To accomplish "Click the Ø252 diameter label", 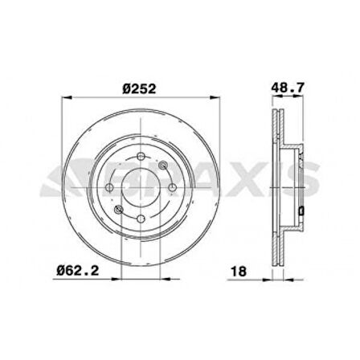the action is pyautogui.click(x=139, y=89).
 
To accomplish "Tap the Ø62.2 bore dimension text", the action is pyautogui.click(x=78, y=271).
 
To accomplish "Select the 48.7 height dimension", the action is pyautogui.click(x=288, y=88).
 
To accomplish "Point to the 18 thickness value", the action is pyautogui.click(x=239, y=272).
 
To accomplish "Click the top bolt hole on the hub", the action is pyautogui.click(x=141, y=156).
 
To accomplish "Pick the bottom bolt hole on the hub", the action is pyautogui.click(x=141, y=219).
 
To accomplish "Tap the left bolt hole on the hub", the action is pyautogui.click(x=109, y=187).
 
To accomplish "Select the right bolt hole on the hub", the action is pyautogui.click(x=172, y=187).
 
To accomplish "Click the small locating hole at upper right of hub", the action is pyautogui.click(x=163, y=166).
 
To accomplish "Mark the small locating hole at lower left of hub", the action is pyautogui.click(x=118, y=210).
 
